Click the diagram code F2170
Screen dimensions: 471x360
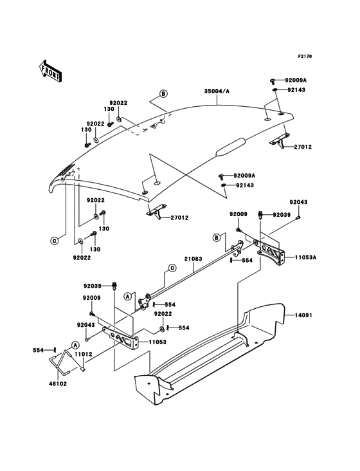click(304, 57)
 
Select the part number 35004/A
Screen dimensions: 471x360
click(217, 92)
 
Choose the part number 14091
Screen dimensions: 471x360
click(305, 316)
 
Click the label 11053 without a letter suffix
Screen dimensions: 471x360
click(157, 342)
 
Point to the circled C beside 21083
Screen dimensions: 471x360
click(172, 268)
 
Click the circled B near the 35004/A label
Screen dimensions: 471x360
click(163, 94)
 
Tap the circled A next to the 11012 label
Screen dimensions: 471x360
click(75, 344)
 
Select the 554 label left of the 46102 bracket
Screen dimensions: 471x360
click(39, 351)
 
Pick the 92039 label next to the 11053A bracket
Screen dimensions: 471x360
click(282, 214)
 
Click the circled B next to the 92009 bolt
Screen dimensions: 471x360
click(217, 237)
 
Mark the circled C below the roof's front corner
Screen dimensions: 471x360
click(55, 241)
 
